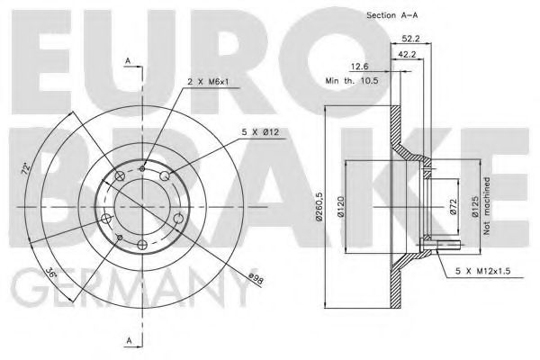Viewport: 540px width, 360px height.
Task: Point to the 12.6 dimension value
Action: (x=358, y=65)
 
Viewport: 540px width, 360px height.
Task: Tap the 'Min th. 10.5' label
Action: (x=352, y=80)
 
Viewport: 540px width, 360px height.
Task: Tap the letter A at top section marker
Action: (x=129, y=61)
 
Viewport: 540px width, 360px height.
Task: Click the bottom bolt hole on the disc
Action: (x=141, y=244)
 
